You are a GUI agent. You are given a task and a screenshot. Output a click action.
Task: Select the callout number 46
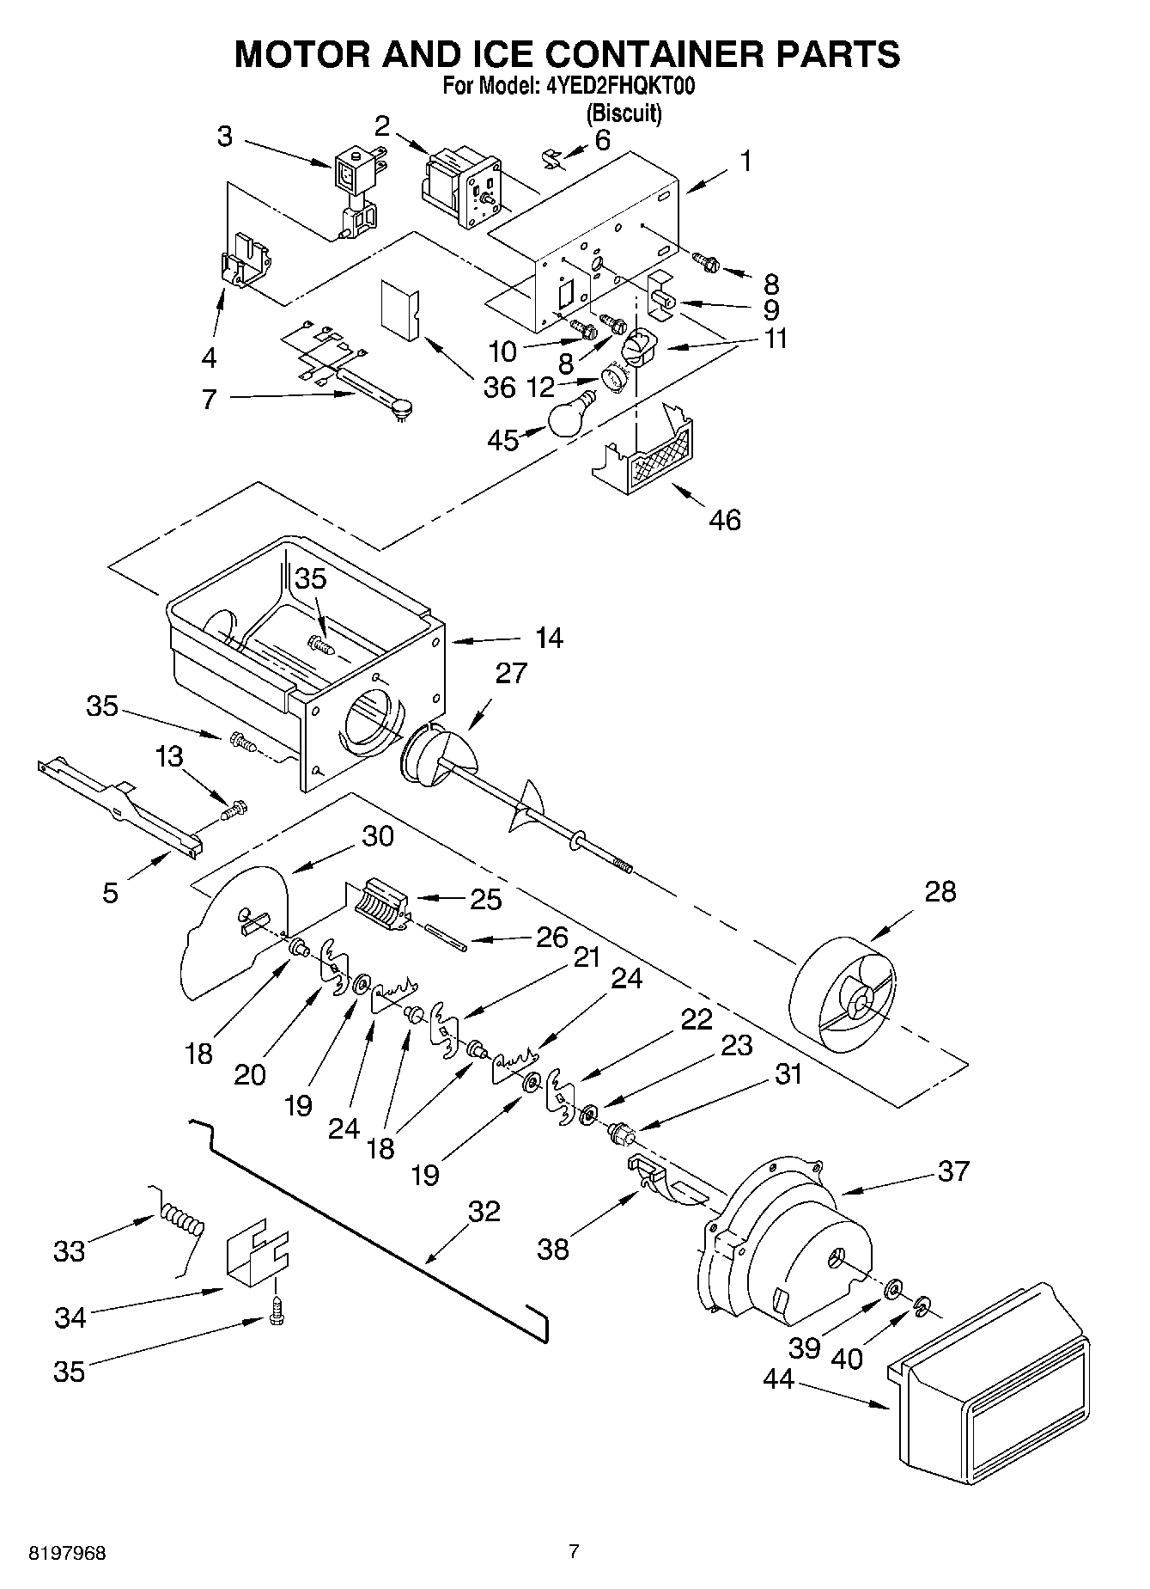click(x=725, y=519)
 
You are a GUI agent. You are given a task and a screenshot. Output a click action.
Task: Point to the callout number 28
click(x=940, y=891)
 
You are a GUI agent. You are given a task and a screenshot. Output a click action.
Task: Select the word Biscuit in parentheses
click(x=624, y=113)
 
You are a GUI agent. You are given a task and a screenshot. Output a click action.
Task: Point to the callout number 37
click(x=952, y=1170)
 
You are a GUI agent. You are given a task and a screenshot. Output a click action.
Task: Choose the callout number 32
click(x=484, y=1211)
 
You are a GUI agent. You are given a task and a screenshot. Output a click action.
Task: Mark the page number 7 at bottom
click(x=574, y=1551)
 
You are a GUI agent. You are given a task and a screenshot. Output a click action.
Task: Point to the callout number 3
click(x=224, y=137)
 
